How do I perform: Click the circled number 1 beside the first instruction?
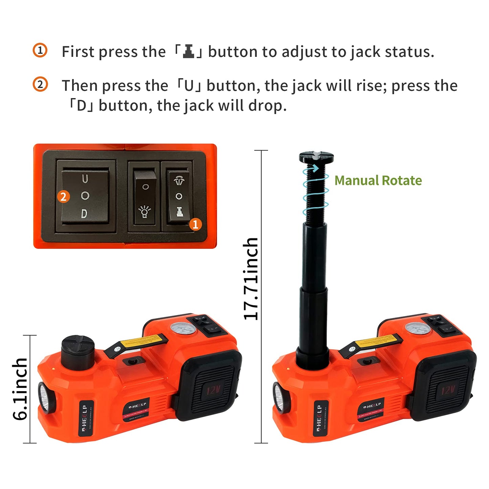40,50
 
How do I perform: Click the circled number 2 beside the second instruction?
40,84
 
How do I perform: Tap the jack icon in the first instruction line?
188,51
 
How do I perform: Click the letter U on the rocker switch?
85,179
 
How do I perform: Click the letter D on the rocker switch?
84,213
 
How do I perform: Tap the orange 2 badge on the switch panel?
63,197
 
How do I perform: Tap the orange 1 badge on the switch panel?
195,224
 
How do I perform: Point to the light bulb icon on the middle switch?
145,212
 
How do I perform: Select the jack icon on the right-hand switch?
179,212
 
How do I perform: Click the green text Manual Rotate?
378,180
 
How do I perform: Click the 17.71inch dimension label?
251,279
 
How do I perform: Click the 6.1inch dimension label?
20,389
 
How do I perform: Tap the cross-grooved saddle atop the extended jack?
316,157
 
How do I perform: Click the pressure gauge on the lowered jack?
183,329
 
